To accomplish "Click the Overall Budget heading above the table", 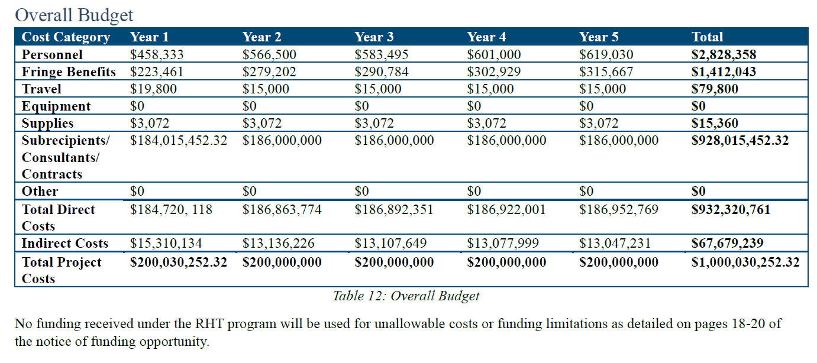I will point(74,15).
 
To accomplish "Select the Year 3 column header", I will point(374,37).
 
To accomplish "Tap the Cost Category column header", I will point(66,37).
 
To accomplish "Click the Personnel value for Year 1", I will point(157,55).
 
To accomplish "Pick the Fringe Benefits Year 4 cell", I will point(493,72).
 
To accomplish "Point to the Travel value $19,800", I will point(153,89).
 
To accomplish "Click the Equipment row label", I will point(56,106).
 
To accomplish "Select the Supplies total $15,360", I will point(715,124).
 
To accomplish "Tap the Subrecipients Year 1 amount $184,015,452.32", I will point(178,141).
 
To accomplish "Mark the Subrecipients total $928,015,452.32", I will point(740,141).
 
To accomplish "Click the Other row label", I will point(40,192).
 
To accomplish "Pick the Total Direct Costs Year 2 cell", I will point(282,209).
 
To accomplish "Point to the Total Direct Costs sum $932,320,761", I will point(731,209).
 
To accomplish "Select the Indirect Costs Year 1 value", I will point(166,244).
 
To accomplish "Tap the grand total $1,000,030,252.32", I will point(745,262).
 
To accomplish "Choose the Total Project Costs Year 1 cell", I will point(178,262).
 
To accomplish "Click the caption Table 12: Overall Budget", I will point(406,296).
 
